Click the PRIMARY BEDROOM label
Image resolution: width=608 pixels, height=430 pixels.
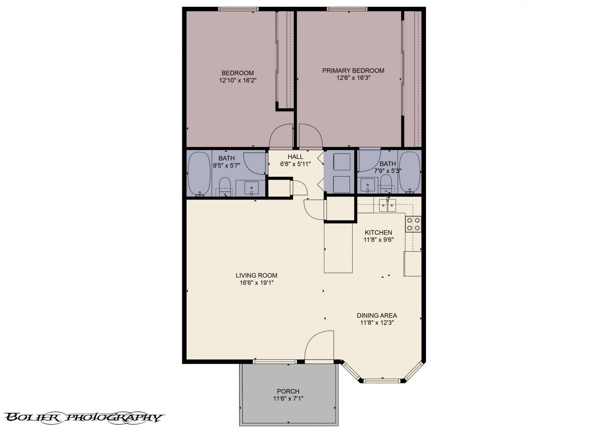pyautogui.click(x=353, y=71)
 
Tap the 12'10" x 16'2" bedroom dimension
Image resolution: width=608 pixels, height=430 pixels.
pyautogui.click(x=238, y=80)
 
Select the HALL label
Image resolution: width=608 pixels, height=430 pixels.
pyautogui.click(x=295, y=157)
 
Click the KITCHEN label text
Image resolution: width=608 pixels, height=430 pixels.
pyautogui.click(x=378, y=233)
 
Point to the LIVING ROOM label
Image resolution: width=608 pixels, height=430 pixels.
pyautogui.click(x=256, y=276)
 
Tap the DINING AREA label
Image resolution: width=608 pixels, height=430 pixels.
pyautogui.click(x=377, y=315)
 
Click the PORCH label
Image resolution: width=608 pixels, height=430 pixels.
pyautogui.click(x=288, y=391)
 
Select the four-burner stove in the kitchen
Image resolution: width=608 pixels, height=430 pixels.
pyautogui.click(x=413, y=224)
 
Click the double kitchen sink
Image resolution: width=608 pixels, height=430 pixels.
pyautogui.click(x=387, y=206)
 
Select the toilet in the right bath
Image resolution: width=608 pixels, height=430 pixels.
pyautogui.click(x=386, y=183)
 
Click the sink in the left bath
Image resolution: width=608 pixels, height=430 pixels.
pyautogui.click(x=251, y=188)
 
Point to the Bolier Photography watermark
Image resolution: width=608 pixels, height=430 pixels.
pyautogui.click(x=84, y=417)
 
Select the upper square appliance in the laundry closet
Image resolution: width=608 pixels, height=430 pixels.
pyautogui.click(x=341, y=162)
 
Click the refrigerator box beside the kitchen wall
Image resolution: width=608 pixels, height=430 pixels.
pyautogui.click(x=413, y=263)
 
